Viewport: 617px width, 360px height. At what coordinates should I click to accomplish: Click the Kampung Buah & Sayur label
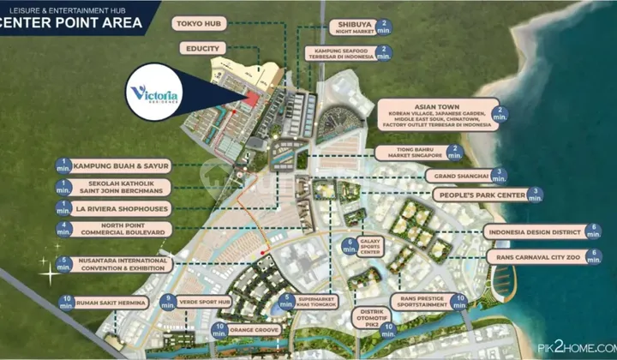pos(122,165)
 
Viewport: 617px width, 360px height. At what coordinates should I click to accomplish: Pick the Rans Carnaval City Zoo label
pos(536,256)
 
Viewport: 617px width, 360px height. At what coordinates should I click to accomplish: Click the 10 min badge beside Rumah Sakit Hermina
pos(67,303)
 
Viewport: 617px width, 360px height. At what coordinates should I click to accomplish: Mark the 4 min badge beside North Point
pos(64,229)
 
